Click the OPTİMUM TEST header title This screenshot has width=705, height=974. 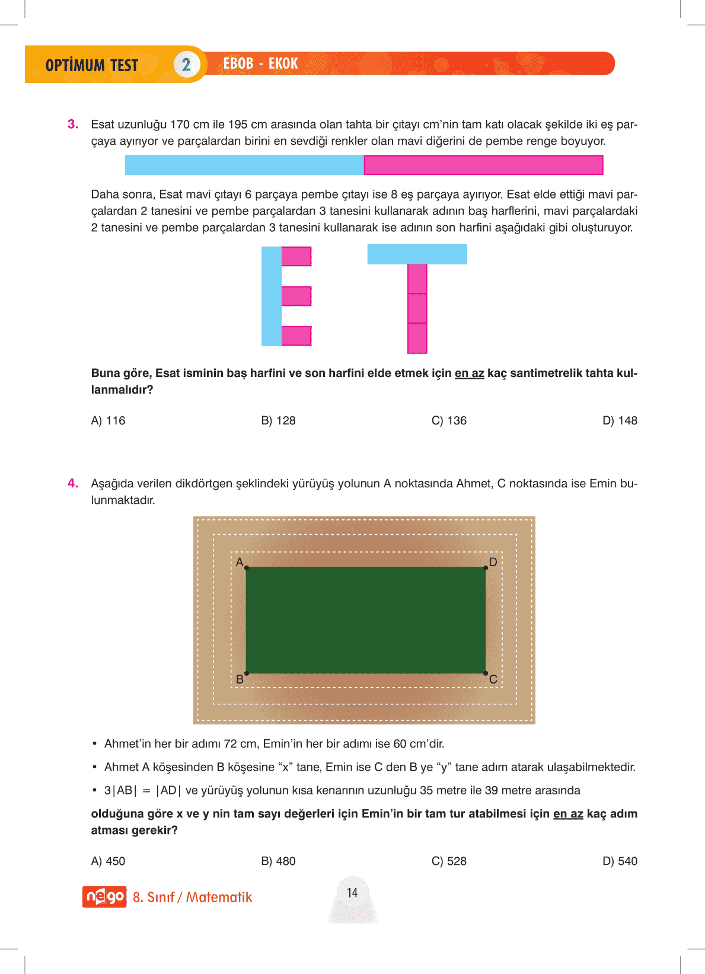click(92, 65)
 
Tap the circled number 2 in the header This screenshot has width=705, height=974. click(186, 65)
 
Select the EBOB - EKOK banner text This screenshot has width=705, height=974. click(260, 63)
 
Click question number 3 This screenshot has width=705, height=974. click(73, 124)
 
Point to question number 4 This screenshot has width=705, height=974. click(73, 484)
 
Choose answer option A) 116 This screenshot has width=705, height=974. click(108, 421)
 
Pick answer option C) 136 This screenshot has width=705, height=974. click(449, 421)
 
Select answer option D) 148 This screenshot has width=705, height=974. click(620, 421)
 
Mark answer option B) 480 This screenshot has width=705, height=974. click(278, 861)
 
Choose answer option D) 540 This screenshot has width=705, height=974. click(620, 861)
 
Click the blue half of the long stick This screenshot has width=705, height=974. click(244, 165)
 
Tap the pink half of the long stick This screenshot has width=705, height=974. click(483, 165)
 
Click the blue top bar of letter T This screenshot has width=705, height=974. click(417, 254)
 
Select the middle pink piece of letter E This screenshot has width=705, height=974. click(296, 296)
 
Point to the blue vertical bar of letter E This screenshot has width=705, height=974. click(271, 296)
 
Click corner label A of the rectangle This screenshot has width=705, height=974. click(240, 562)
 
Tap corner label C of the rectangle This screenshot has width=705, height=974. click(493, 679)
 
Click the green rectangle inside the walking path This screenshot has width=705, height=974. click(366, 620)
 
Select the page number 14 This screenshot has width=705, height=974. click(352, 893)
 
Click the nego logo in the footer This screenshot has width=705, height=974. click(104, 897)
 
